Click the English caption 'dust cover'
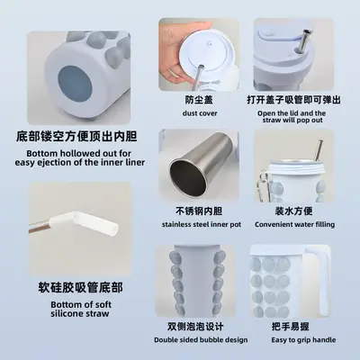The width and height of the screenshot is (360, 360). (200, 113)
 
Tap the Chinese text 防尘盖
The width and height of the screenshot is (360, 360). (199, 100)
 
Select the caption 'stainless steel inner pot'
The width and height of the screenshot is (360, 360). (202, 224)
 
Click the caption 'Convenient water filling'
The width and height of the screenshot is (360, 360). (294, 224)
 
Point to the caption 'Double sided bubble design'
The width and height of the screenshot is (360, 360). (201, 340)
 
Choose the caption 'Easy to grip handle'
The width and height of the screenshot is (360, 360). (303, 340)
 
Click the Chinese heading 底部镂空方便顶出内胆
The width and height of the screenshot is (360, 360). (76, 137)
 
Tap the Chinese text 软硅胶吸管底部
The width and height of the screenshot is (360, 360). (80, 287)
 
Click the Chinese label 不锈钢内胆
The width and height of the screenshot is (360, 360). (199, 211)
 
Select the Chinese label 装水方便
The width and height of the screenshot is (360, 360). (293, 211)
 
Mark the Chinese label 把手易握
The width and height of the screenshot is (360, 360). (290, 327)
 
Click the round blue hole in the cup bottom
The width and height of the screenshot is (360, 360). (74, 84)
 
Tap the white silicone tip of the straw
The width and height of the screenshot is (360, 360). (84, 222)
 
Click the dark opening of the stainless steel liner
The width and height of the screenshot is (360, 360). (188, 178)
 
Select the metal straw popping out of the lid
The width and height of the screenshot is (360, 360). (305, 41)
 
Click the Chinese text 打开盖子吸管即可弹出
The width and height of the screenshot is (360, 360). (293, 100)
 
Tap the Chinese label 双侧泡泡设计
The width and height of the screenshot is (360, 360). (195, 327)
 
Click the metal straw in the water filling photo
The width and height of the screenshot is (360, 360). (319, 150)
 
